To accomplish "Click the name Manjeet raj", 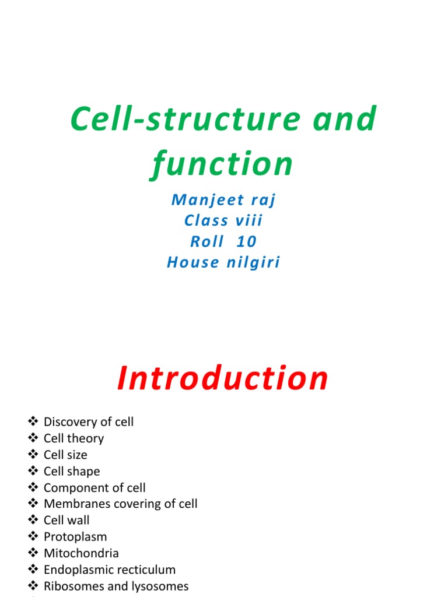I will click(223, 200).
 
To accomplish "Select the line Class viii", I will click(223, 221).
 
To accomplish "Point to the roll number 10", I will click(247, 242).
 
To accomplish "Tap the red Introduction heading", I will click(223, 378).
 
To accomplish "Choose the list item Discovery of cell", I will click(89, 422).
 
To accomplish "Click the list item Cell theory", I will click(73, 438).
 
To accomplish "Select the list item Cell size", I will click(65, 454).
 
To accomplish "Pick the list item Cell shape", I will click(72, 471).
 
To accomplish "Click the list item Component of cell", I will click(94, 487).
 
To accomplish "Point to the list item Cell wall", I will click(66, 520).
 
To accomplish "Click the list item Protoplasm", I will click(75, 536).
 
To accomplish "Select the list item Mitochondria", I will click(81, 553).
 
